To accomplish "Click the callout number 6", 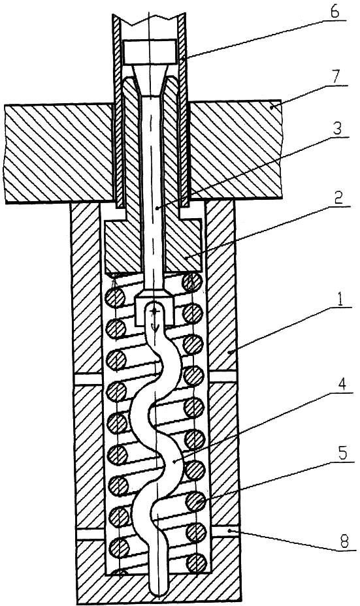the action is point(335,12).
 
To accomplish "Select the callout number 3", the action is point(337,127).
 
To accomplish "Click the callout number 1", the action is point(340,300).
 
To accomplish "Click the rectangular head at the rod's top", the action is point(150,52).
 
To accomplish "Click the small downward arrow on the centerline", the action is point(155,327).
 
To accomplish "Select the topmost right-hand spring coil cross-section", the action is point(193,282).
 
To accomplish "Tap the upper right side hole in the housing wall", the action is point(224,376).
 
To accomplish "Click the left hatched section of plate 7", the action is point(59,153).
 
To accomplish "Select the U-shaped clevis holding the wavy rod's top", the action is point(154,311).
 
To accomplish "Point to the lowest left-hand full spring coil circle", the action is point(119,548).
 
